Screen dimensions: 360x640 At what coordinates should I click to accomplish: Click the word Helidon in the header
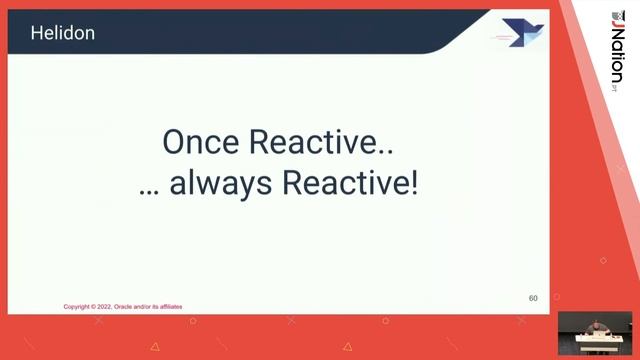point(62,33)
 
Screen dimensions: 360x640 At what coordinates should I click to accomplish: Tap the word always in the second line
point(209,184)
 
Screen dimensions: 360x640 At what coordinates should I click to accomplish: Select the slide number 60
point(533,298)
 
